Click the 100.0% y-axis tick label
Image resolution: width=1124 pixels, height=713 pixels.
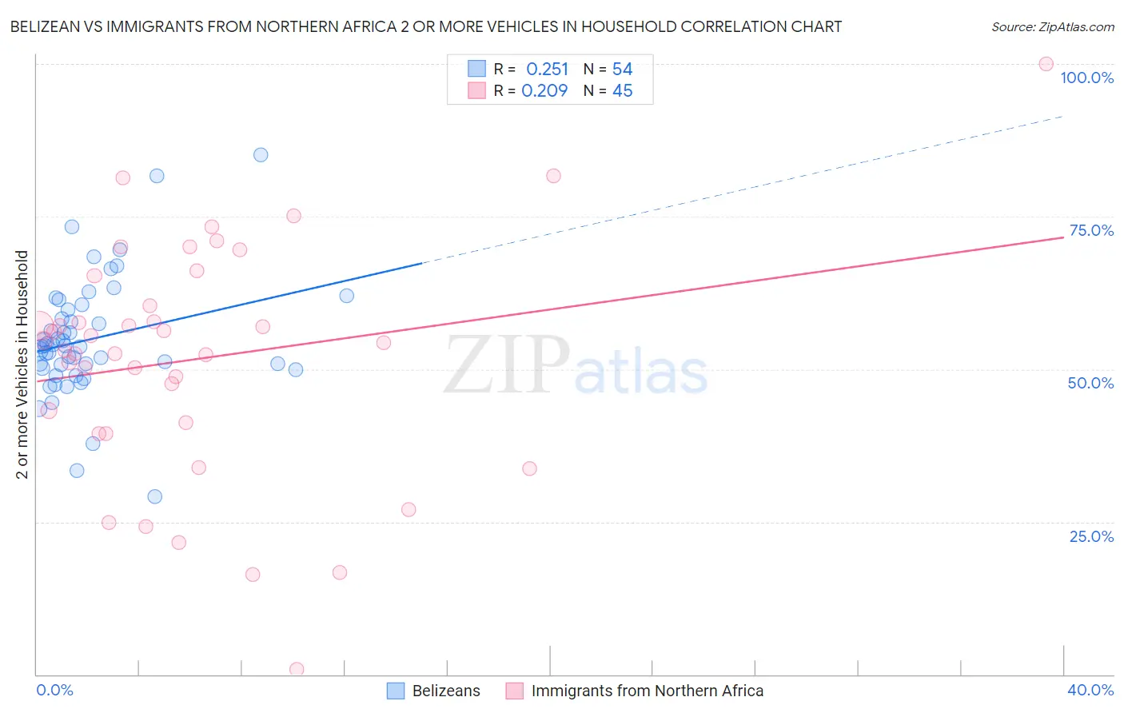1086,78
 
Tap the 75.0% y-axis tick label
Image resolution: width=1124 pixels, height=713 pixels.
1091,230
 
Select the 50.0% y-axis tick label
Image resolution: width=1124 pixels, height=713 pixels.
1090,383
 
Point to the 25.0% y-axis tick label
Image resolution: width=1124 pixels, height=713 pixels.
1091,536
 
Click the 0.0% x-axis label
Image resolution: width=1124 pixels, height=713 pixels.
54,690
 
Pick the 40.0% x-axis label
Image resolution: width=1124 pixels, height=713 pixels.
1090,690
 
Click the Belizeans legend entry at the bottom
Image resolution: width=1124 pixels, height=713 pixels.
445,691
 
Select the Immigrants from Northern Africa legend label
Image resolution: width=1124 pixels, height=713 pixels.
647,691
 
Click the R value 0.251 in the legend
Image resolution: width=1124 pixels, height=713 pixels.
547,70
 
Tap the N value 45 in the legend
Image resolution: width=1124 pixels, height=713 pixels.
622,91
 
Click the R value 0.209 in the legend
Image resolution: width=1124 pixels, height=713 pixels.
544,91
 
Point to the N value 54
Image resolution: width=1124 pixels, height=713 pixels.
622,70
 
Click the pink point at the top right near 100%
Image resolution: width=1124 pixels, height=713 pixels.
1046,64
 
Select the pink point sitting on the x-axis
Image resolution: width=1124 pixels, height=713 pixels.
297,669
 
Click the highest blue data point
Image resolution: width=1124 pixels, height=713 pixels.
261,155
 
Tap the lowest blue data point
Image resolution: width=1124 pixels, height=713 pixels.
155,496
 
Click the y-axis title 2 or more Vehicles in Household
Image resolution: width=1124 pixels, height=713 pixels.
22,364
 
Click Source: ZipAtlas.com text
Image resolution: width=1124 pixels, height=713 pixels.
1052,27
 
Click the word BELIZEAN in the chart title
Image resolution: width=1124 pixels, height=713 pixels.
46,27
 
